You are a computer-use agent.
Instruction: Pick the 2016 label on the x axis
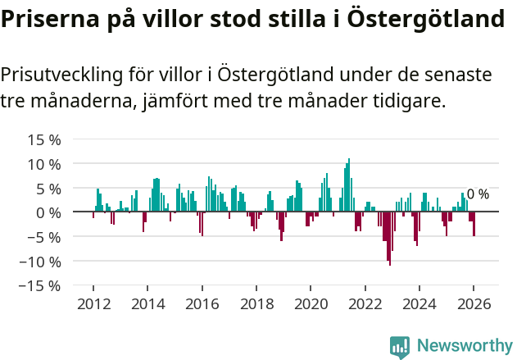[202, 304]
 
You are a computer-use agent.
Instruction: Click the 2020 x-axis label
[311, 304]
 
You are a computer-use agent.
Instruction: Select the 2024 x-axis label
[419, 304]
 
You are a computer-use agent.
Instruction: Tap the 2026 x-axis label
[474, 304]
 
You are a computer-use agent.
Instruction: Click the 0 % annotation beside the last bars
[478, 194]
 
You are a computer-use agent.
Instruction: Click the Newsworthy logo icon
[400, 347]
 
